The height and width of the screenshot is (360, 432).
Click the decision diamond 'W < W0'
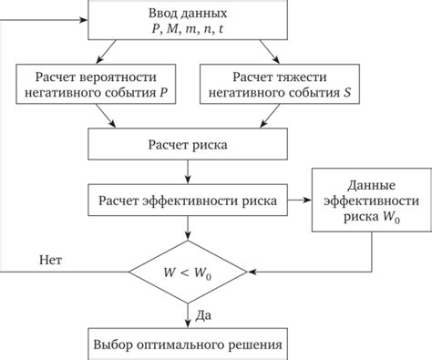point(186,273)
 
